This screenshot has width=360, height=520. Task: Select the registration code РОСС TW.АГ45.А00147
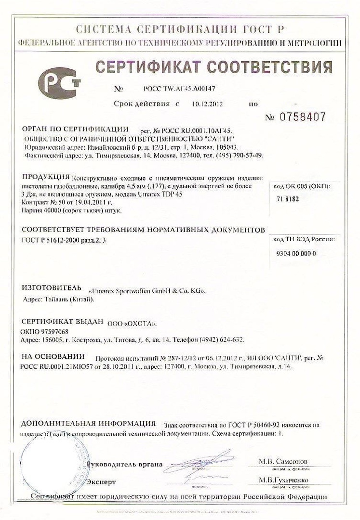pos(179,89)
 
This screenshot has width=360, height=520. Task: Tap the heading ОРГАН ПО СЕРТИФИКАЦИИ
pos(75,130)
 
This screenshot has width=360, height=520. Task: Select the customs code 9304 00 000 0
pos(296,254)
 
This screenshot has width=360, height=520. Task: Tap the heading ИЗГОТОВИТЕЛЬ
pos(49,288)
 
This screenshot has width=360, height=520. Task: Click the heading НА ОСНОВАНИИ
pos(53,357)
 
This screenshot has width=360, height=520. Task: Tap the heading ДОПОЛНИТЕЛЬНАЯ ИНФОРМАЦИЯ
pos(88,424)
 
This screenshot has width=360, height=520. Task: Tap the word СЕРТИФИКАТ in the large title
pos(153,66)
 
